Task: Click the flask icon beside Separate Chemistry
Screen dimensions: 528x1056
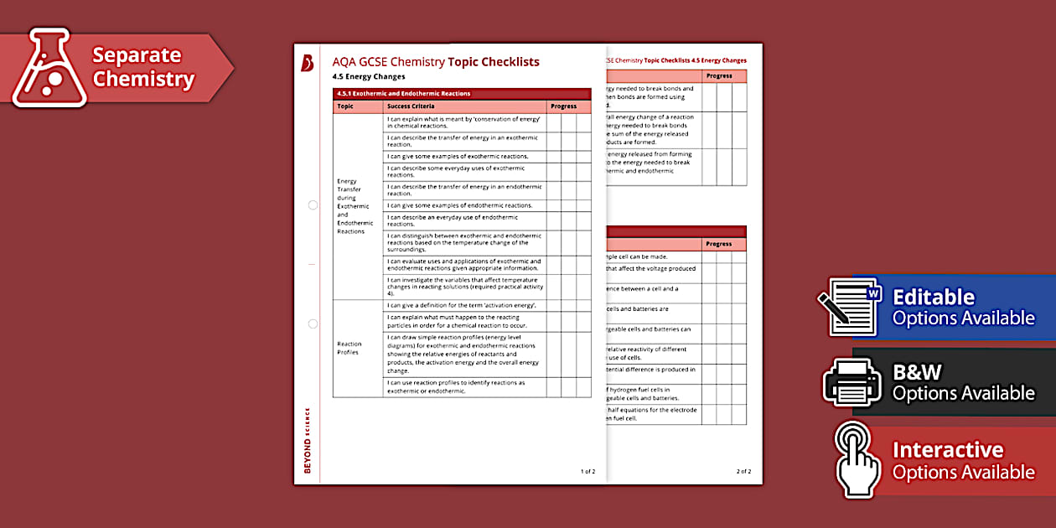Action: (49, 68)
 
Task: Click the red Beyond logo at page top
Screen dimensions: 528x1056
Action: (307, 63)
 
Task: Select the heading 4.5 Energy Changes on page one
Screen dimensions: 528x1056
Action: (369, 77)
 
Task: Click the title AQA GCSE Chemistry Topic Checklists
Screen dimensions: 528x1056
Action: (436, 62)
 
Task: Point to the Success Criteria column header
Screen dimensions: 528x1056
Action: (411, 106)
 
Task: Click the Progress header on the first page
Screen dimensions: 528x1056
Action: (563, 106)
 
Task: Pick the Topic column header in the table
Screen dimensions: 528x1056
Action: (345, 106)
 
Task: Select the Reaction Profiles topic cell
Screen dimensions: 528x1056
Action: (349, 348)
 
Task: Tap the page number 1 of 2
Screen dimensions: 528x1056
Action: (588, 471)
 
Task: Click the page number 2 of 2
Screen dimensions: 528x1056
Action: (743, 471)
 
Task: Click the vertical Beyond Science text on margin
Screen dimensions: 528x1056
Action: (307, 440)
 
